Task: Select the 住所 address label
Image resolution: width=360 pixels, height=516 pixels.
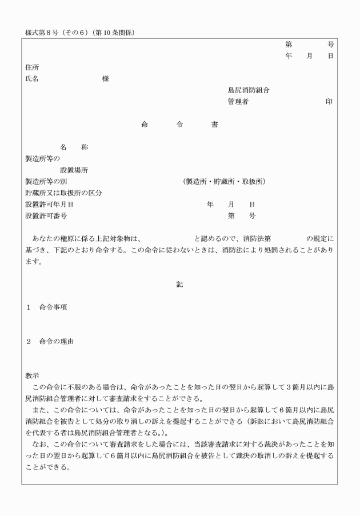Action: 32,67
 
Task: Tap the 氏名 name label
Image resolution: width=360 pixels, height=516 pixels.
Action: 32,79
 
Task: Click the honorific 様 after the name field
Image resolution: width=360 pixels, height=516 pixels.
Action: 106,79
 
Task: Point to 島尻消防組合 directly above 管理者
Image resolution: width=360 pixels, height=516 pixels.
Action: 249,90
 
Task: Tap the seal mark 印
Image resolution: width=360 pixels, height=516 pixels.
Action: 329,102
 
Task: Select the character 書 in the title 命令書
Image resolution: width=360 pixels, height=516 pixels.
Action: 214,125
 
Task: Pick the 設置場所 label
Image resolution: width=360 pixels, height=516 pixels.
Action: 74,170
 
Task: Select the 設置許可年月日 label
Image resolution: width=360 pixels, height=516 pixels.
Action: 49,205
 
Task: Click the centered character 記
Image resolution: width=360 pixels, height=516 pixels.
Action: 179,284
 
